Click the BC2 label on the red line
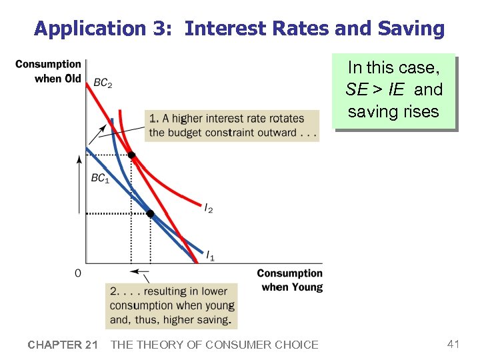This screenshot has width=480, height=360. coord(103,83)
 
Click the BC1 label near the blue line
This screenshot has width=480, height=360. coord(100,179)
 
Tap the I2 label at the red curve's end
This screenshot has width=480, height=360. coord(209,209)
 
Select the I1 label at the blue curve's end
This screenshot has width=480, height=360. coord(209,255)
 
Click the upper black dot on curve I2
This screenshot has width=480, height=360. coord(131,155)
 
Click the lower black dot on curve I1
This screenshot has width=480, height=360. coord(150,213)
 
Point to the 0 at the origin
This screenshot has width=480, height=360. coord(78,273)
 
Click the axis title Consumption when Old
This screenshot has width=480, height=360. coord(48,71)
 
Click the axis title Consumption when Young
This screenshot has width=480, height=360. coord(290,280)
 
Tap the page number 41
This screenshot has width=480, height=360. coord(453,344)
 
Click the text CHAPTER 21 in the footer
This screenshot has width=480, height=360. coord(63,345)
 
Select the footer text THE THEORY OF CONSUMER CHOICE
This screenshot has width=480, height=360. coord(214,345)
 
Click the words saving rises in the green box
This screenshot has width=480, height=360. coord(393,111)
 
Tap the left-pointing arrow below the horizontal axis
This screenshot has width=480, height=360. coord(139,271)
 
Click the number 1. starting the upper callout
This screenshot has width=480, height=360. coord(153,119)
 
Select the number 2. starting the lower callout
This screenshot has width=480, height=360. coord(115,291)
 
